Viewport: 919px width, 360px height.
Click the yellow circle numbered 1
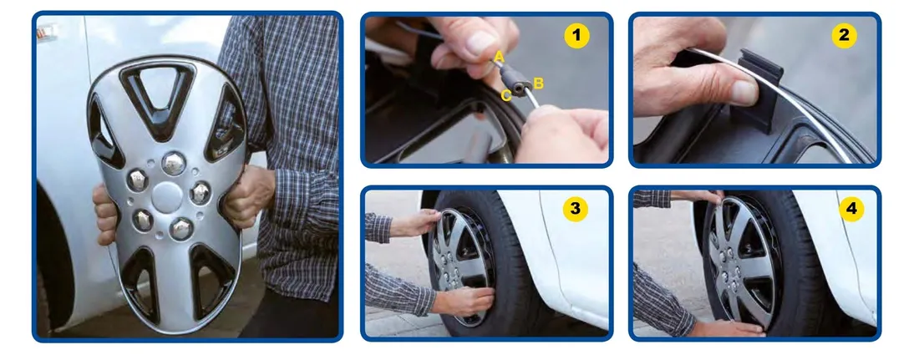pyautogui.click(x=576, y=37)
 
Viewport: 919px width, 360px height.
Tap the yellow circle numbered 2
pyautogui.click(x=844, y=36)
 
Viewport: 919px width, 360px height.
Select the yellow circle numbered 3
pyautogui.click(x=576, y=209)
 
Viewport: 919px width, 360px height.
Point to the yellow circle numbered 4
pyautogui.click(x=851, y=210)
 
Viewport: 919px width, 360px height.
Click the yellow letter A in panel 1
pyautogui.click(x=500, y=58)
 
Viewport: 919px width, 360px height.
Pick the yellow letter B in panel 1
pyautogui.click(x=538, y=84)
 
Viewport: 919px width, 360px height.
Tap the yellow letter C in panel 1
pyautogui.click(x=506, y=95)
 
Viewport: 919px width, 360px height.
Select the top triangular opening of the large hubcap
pyautogui.click(x=157, y=94)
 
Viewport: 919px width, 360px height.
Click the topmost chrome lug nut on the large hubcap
pyautogui.click(x=174, y=164)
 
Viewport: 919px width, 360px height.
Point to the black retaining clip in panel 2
pyautogui.click(x=759, y=88)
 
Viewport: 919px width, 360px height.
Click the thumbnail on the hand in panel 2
pyautogui.click(x=744, y=92)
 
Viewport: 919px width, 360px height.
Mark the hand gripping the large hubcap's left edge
pyautogui.click(x=105, y=215)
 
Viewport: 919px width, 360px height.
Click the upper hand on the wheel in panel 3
pyautogui.click(x=417, y=223)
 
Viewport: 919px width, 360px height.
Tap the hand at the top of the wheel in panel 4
pyautogui.click(x=698, y=196)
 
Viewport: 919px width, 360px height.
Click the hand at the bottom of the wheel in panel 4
pyautogui.click(x=727, y=327)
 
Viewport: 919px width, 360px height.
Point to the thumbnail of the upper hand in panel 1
pyautogui.click(x=480, y=43)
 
